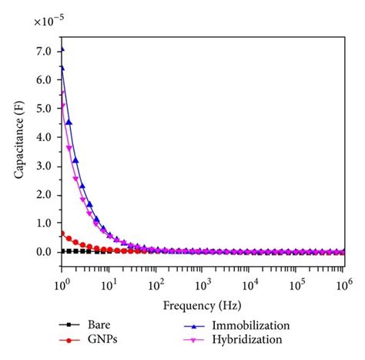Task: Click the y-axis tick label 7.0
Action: [x=45, y=51]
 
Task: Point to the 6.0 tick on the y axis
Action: [x=45, y=79]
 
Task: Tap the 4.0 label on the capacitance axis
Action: [x=45, y=137]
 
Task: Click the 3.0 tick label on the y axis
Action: [x=45, y=166]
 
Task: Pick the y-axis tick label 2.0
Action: [x=45, y=194]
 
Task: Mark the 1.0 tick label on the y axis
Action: [x=45, y=223]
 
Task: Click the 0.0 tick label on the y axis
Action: [x=45, y=251]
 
